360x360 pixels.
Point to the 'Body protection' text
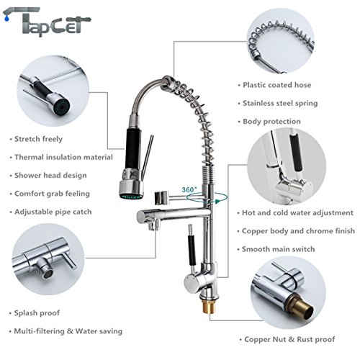click(271, 122)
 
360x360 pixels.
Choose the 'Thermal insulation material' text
click(63, 157)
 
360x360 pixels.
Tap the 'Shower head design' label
click(50, 175)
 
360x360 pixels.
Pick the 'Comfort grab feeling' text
click(51, 194)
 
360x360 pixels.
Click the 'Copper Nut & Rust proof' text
click(290, 338)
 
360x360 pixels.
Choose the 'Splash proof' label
click(37, 312)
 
